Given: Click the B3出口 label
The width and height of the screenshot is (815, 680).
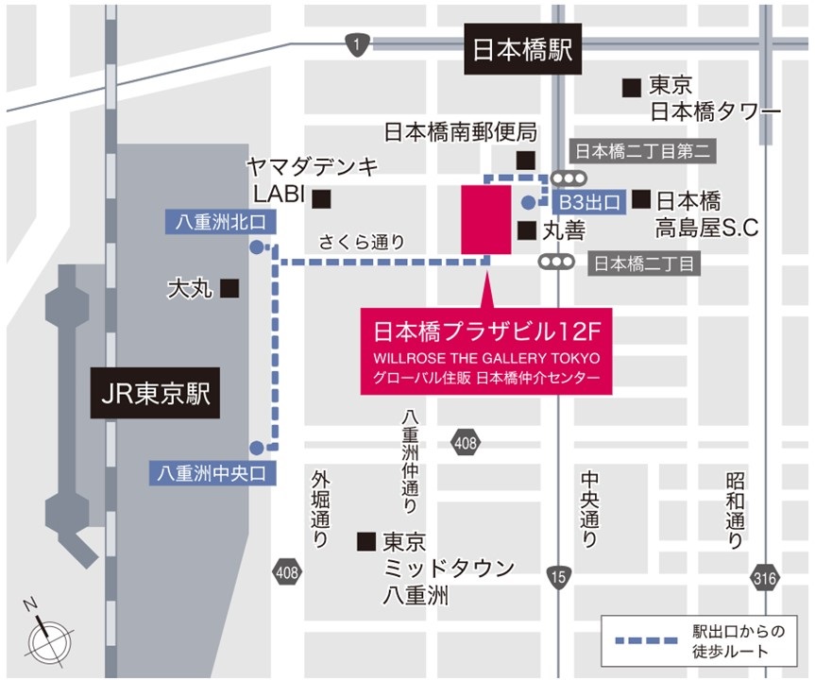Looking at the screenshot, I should (588, 201).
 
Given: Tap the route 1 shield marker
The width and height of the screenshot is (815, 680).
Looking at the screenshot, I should (356, 43).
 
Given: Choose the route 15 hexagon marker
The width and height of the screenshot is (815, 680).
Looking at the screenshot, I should (559, 575).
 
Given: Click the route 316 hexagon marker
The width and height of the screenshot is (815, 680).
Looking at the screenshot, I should (766, 575).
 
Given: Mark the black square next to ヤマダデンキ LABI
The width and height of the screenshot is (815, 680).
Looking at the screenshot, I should (323, 198).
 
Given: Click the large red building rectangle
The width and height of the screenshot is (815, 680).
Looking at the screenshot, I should (485, 219).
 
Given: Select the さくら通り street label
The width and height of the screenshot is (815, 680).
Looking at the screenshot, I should (362, 242).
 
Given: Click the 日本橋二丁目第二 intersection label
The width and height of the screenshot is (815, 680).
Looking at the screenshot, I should (641, 151).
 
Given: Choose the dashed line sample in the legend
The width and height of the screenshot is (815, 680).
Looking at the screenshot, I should (646, 641).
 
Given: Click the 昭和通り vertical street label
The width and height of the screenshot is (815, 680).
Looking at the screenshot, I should (736, 511).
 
